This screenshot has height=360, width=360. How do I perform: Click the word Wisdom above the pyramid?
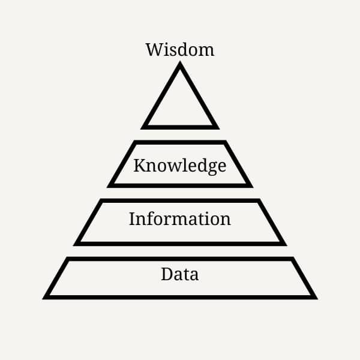tap(179, 49)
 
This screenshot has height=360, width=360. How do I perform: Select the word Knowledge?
tap(179, 165)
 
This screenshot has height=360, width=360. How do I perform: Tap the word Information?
tap(179, 219)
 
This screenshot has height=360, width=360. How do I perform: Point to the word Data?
tap(179, 275)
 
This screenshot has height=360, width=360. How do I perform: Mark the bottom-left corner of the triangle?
tap(143, 128)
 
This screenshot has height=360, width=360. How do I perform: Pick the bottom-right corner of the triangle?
tap(217, 128)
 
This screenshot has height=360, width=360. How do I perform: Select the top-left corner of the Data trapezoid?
tap(68, 259)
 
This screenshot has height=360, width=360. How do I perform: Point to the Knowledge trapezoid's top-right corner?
tap(225, 142)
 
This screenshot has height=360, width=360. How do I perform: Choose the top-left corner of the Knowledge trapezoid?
tap(135, 142)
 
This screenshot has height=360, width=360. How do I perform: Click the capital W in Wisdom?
tap(154, 49)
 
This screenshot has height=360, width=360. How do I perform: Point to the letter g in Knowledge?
tap(212, 167)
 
